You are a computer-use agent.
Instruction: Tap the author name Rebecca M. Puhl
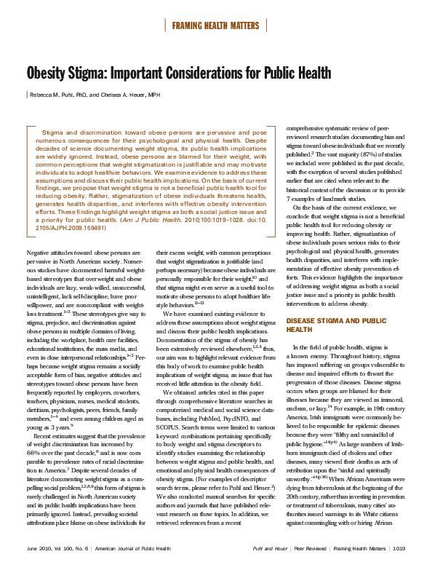click(x=57, y=95)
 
